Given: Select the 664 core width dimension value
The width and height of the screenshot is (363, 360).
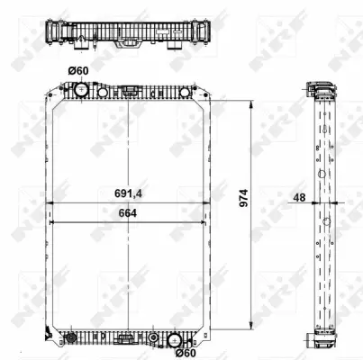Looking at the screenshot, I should click(128, 212).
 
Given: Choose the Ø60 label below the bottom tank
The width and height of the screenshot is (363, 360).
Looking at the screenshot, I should click(186, 351).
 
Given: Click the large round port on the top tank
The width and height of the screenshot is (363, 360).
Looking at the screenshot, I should click(80, 91).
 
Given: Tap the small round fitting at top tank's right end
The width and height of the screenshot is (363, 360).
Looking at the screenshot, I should click(185, 92).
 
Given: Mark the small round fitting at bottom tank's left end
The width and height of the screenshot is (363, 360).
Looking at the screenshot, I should click(68, 339).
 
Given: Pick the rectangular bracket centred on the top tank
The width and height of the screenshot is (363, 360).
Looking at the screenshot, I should click(131, 90).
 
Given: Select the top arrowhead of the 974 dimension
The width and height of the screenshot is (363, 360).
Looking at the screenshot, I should click(251, 103).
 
